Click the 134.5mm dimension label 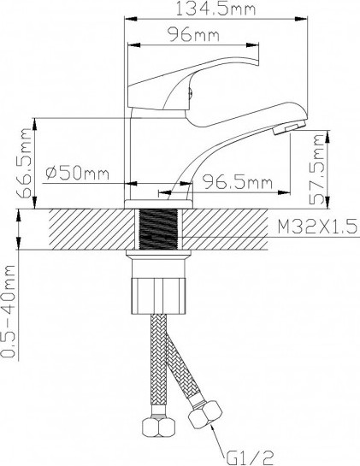215,9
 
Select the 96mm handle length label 193,34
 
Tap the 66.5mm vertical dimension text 24,163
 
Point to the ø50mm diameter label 78,173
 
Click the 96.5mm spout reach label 237,182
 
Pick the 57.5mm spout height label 316,169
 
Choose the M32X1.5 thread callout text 317,227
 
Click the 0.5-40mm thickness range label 8,311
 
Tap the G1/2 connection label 250,457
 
